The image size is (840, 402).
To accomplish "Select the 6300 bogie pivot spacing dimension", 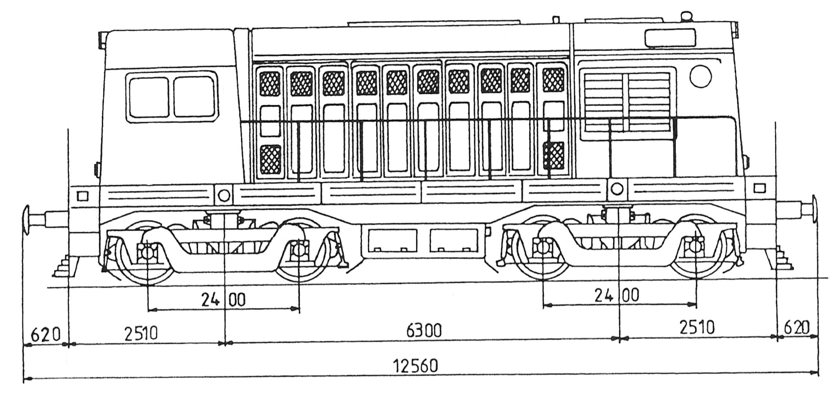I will point(424,331).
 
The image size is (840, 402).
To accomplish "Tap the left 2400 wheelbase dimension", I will point(223,300).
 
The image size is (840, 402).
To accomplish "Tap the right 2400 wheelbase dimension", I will point(617,295).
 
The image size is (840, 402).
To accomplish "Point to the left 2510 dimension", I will point(141,334).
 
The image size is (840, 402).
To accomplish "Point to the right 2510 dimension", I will point(697,327).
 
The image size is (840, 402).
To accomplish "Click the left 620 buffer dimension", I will point(46,335).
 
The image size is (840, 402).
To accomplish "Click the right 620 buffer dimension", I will point(796,327).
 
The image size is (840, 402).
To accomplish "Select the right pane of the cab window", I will point(194,97).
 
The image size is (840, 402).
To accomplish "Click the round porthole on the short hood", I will point(701,76).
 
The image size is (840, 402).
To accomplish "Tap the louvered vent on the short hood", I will point(627,101).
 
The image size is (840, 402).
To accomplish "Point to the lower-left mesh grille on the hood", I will point(270,159).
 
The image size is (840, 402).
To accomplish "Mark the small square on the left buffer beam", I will point(83,196).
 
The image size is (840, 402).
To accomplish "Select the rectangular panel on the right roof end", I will point(670,38).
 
